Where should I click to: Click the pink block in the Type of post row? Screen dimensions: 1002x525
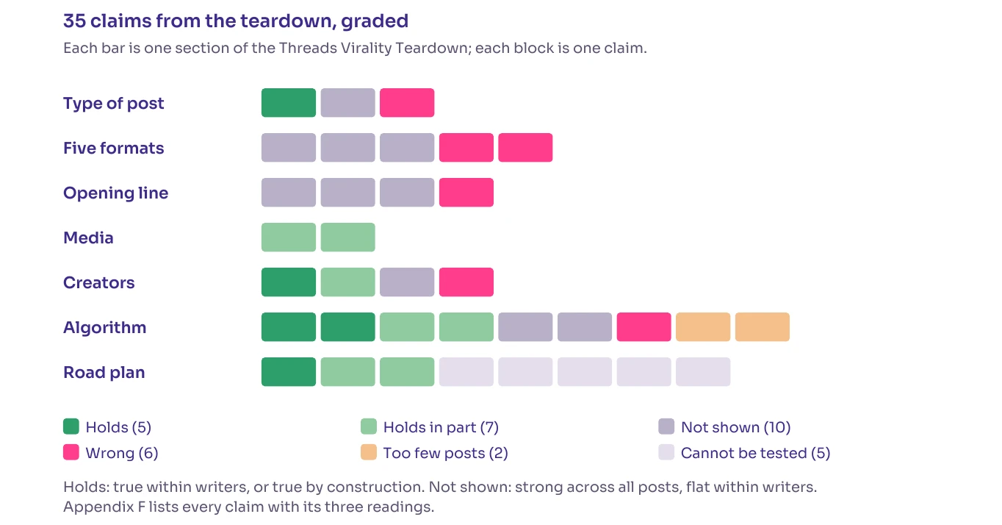coord(407,102)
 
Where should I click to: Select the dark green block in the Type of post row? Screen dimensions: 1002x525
coord(289,102)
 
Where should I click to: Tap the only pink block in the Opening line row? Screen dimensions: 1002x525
coord(466,193)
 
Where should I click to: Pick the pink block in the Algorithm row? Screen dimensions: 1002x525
coord(644,326)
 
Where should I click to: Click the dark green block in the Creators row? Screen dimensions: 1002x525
coord(289,282)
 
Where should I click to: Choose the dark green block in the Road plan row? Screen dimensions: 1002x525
coord(289,371)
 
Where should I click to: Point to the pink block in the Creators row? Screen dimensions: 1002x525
coord(466,282)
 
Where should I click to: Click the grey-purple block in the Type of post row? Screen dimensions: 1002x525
coord(347,102)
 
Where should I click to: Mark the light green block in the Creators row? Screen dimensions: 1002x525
coord(347,282)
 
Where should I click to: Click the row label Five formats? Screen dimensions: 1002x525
coord(114,148)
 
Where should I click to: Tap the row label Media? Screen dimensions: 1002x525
coord(88,238)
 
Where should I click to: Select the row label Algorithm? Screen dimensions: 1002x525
coord(104,328)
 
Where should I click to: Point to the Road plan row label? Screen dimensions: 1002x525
coord(104,372)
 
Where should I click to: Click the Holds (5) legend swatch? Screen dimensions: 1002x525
coord(71,426)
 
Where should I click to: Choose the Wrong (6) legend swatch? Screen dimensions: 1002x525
coord(71,452)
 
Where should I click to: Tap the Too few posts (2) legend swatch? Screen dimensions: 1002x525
coord(369,452)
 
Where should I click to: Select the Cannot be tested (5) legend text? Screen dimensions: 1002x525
coord(755,453)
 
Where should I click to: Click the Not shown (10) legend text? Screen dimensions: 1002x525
coord(736,427)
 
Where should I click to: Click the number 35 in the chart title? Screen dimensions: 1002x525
coord(74,21)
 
